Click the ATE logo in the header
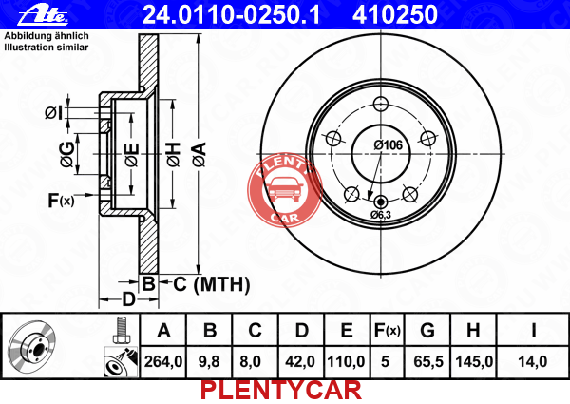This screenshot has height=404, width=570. point(43,15)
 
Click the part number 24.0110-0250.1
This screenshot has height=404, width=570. point(231,14)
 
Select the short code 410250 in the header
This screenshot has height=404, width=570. point(395,14)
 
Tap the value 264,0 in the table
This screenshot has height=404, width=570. point(163,362)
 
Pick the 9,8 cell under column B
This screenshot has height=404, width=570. point(209,362)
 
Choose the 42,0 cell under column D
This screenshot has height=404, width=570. point(300,362)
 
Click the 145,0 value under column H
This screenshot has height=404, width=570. point(474,362)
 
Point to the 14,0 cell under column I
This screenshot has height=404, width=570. point(533,362)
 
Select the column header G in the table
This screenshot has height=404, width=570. point(427,331)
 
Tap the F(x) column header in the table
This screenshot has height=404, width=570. point(388,331)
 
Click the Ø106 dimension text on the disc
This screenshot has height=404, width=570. point(389,145)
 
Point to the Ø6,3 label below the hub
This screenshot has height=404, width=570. point(381,215)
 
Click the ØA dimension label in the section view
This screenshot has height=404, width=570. point(199,155)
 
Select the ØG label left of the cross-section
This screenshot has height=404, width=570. point(67,155)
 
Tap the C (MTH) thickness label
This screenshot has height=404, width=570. point(212,284)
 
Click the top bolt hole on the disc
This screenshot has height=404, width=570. point(381,104)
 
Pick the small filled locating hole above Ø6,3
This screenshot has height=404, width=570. point(381,202)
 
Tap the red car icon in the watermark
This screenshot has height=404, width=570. point(284,190)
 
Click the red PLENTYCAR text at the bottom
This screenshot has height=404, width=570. point(281,390)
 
